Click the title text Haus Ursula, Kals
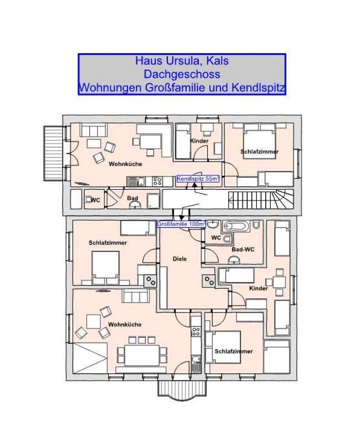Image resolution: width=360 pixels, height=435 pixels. click(182, 60)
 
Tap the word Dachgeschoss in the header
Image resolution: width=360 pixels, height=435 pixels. click(182, 74)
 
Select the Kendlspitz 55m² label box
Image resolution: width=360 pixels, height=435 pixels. click(198, 179)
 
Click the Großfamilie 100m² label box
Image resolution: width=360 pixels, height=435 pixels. click(181, 224)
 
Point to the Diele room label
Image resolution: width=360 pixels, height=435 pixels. click(180, 259)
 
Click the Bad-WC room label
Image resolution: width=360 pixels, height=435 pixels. click(243, 250)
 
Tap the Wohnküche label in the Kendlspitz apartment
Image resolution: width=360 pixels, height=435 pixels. click(126, 164)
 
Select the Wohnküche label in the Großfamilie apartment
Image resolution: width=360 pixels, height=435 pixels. click(125, 324)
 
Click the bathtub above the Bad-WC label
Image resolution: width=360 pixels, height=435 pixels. click(236, 226)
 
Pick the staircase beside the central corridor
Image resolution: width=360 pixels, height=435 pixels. click(261, 199)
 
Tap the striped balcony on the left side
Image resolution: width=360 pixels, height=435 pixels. click(54, 153)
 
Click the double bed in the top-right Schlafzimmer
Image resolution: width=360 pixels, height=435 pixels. click(260, 141)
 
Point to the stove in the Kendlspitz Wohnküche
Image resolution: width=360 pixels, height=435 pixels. click(157, 181)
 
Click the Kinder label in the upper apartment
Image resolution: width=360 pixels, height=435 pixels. click(199, 141)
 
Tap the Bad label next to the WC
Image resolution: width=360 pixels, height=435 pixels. click(132, 198)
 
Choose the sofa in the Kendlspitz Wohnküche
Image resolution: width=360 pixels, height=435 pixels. click(94, 130)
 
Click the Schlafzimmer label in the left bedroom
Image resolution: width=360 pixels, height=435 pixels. click(108, 243)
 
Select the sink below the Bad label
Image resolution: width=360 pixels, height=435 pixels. click(135, 205)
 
